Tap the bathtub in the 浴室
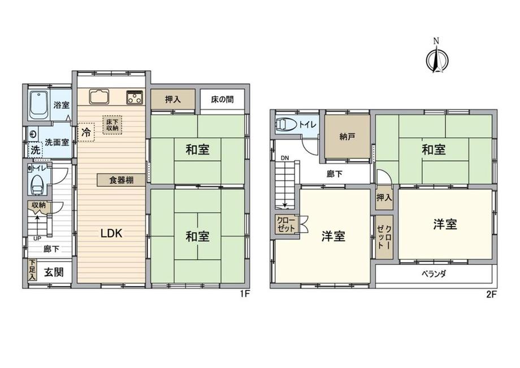(x=40, y=105)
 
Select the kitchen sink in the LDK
(x=99, y=96)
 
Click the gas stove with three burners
(x=135, y=97)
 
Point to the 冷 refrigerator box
(x=86, y=132)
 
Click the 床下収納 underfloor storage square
(x=112, y=125)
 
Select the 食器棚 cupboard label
(x=122, y=180)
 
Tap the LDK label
(x=111, y=233)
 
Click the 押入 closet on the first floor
(x=173, y=99)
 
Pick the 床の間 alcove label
(x=222, y=99)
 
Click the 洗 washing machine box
(x=35, y=150)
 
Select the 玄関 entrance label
(x=54, y=272)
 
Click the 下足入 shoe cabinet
(x=32, y=270)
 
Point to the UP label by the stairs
(x=37, y=238)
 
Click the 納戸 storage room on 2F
(x=347, y=136)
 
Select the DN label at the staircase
(x=285, y=158)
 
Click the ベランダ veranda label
(x=434, y=274)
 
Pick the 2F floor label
(x=492, y=294)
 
